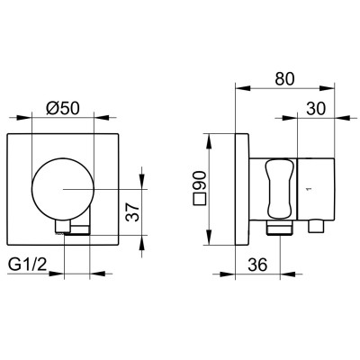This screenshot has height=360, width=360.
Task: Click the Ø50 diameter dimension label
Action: (63, 108)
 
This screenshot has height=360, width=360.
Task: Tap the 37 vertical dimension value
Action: (132, 211)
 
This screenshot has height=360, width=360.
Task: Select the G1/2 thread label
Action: (28, 265)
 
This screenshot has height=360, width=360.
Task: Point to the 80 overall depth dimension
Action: (285, 78)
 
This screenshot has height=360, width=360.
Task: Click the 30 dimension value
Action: (316, 108)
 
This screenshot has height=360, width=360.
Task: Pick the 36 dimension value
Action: (257, 265)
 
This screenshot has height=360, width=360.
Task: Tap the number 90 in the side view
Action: (199, 180)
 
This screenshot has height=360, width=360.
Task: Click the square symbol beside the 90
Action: (200, 199)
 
